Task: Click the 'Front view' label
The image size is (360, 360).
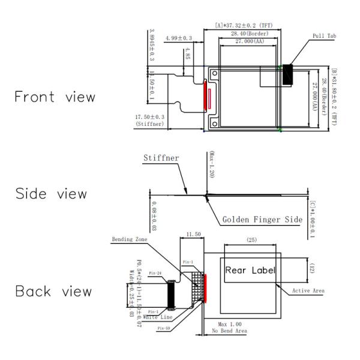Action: (x=55, y=97)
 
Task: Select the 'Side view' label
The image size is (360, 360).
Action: (x=51, y=194)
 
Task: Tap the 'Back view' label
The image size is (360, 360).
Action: (x=53, y=292)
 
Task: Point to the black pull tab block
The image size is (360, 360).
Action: (x=288, y=74)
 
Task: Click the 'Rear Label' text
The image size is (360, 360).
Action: (x=250, y=270)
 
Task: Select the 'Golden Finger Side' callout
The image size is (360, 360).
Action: (x=262, y=220)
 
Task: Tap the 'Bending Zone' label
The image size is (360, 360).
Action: (x=128, y=239)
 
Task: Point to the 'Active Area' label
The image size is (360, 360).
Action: (x=308, y=291)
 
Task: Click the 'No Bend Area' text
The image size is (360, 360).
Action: (x=229, y=331)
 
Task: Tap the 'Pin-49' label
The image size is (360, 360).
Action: (x=164, y=328)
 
